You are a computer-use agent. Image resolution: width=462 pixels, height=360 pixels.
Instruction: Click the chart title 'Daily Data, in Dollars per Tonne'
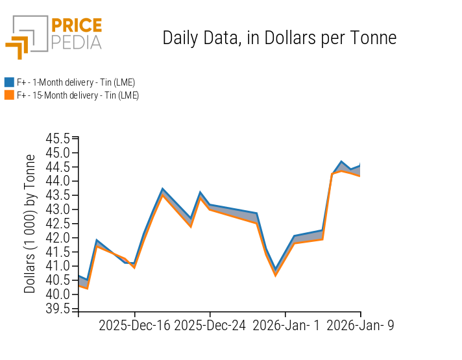pos(279,38)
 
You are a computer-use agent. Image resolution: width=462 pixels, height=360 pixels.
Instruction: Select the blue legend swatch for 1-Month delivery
pos(9,82)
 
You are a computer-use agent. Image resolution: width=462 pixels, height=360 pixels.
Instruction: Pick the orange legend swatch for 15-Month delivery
pos(9,95)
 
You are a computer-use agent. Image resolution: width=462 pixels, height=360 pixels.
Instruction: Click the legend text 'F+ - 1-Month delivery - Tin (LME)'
pos(76,82)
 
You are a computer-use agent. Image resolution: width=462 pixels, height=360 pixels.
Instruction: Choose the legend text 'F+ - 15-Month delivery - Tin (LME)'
pos(78,95)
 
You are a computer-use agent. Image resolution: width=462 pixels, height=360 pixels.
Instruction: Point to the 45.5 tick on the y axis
pos(58,139)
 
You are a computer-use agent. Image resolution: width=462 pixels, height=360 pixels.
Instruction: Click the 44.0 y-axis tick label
pos(58,181)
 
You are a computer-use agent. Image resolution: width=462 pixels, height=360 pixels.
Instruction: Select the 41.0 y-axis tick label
pos(58,266)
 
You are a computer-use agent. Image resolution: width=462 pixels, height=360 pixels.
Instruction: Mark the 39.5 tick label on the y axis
pos(58,308)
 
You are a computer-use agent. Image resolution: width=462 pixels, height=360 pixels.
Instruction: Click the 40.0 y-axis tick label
pos(58,294)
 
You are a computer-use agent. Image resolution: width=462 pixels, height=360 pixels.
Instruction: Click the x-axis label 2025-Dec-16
pos(134,326)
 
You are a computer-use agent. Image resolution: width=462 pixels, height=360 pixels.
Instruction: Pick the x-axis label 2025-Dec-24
pos(210,326)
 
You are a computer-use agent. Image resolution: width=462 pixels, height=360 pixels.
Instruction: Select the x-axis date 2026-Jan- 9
pos(359,326)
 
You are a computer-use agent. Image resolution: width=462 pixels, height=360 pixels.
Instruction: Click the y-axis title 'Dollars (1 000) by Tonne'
pos(30,224)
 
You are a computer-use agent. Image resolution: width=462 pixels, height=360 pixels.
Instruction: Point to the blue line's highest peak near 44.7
pos(341,162)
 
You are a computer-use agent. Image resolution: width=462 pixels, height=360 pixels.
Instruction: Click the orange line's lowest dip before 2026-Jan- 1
pos(275,275)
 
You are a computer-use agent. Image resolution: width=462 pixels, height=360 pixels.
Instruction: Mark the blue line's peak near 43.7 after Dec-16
pos(163,189)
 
